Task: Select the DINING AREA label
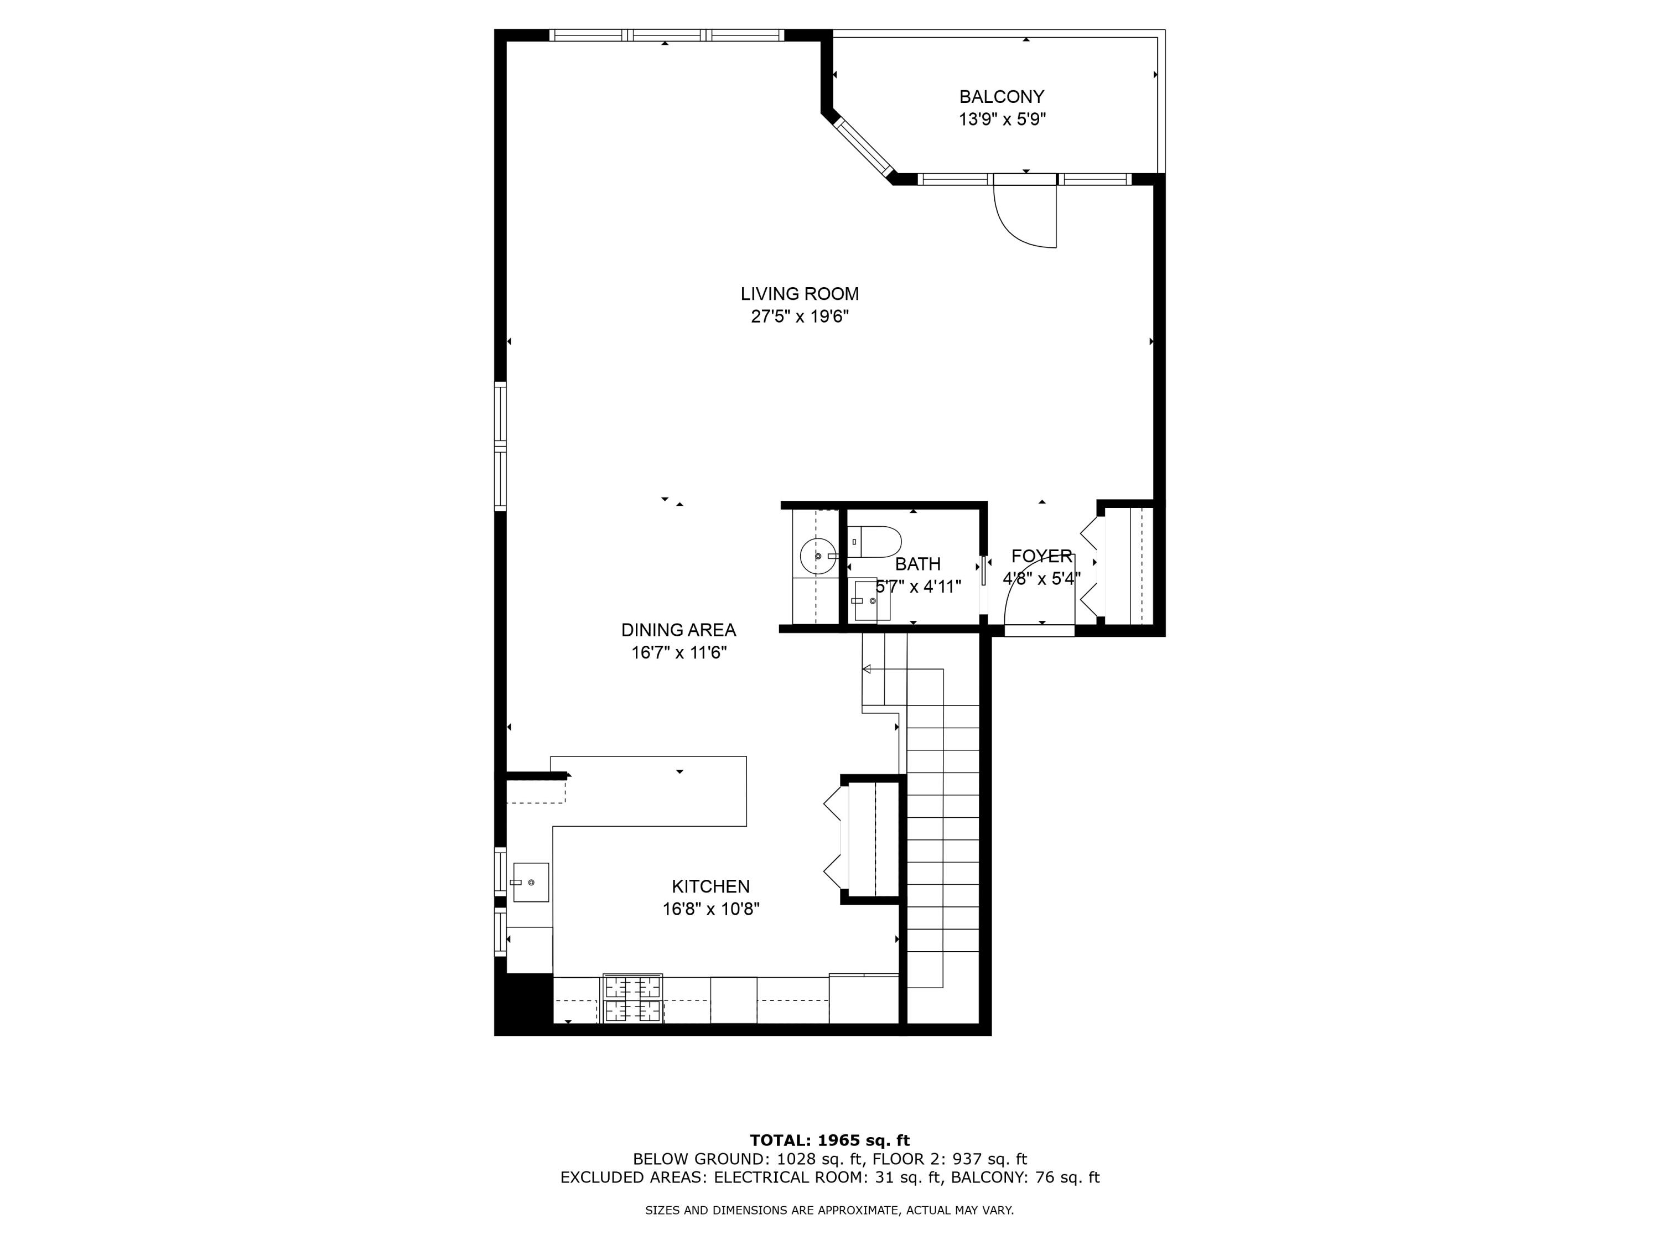pyautogui.click(x=678, y=630)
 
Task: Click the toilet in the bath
pyautogui.click(x=876, y=541)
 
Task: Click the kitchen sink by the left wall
pyautogui.click(x=530, y=882)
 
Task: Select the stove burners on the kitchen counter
pyautogui.click(x=632, y=998)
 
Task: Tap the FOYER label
pyautogui.click(x=1041, y=556)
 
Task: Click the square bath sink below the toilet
pyautogui.click(x=870, y=600)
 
